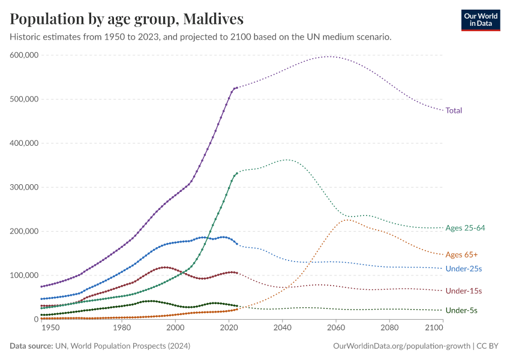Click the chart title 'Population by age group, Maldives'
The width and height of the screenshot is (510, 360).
pos(127,19)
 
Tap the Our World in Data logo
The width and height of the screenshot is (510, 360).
pos(480,19)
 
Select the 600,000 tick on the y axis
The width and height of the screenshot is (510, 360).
pos(25,55)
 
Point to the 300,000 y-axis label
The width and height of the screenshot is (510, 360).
pos(25,187)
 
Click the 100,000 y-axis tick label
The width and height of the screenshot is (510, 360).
pos(25,275)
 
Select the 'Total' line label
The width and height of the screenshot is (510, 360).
pos(454,110)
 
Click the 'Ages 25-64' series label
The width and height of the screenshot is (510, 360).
pos(465,228)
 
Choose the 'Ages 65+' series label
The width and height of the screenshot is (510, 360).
pos(461,255)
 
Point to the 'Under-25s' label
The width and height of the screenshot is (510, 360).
pos(464,269)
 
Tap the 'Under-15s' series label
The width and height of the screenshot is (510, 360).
pos(464,291)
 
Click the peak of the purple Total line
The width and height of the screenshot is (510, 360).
pos(329,56)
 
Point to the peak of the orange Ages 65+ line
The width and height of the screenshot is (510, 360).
pos(347,220)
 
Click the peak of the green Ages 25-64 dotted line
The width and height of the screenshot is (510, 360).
pos(287,160)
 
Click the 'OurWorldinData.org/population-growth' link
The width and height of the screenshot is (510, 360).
pos(400,346)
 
